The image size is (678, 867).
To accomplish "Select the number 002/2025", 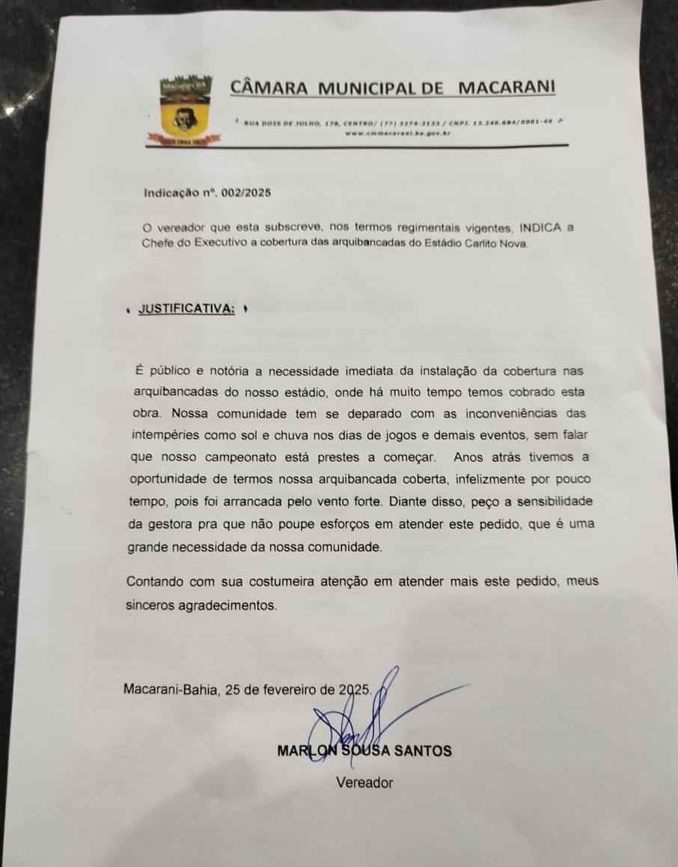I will click(246, 192).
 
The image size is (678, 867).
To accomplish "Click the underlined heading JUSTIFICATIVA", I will click(187, 309).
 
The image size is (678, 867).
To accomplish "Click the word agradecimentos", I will click(227, 605).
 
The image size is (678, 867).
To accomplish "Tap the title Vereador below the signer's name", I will click(364, 783).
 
